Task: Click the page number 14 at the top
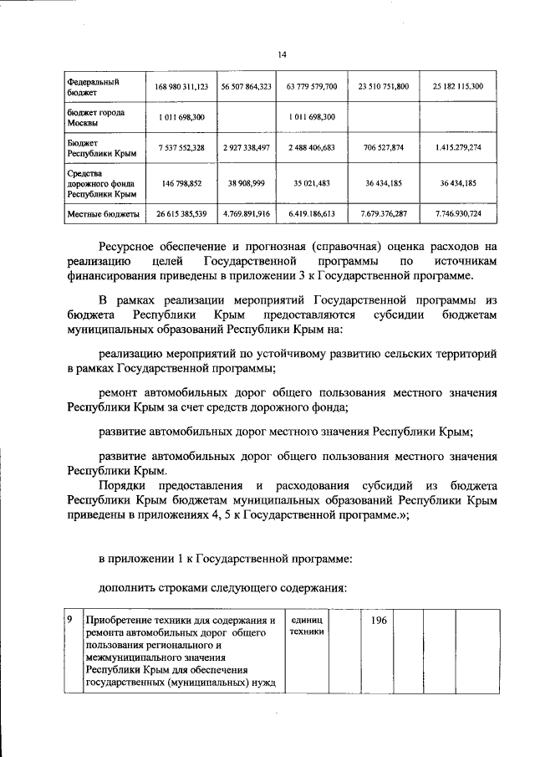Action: (x=282, y=54)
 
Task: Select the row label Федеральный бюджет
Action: (x=92, y=87)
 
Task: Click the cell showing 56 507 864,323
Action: (x=247, y=87)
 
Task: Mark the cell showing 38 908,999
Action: (x=247, y=184)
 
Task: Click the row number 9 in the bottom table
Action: (x=71, y=621)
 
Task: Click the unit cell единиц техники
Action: (x=305, y=626)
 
